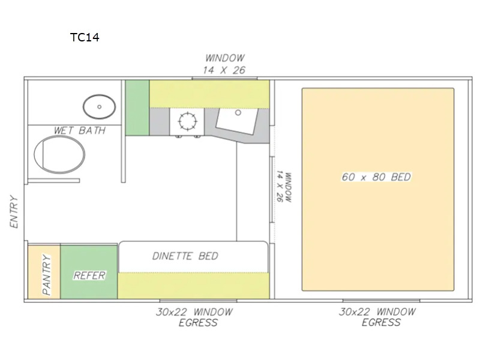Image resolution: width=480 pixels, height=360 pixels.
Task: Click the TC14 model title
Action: pos(85,37)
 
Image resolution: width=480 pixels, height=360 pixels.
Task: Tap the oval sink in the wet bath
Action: pos(99,107)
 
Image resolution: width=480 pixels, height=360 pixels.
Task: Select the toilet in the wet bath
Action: pos(59,155)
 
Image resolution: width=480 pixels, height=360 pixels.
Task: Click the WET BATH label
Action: pos(80,130)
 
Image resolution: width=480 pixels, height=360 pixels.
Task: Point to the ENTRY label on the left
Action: pos(14,212)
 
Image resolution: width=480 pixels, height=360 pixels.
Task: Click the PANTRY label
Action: pos(47,274)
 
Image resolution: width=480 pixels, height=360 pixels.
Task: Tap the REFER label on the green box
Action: pos(89,275)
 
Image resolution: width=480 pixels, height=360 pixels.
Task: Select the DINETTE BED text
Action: pos(185,256)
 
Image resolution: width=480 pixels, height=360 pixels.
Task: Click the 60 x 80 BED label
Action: pos(376,177)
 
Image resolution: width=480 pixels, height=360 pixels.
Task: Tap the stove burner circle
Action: pos(187,122)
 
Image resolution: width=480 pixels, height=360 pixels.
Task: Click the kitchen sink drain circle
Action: pos(238,113)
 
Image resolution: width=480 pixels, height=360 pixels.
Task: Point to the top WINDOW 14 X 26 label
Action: pos(224,64)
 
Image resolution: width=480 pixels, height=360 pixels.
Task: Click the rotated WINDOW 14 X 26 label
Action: pos(284,187)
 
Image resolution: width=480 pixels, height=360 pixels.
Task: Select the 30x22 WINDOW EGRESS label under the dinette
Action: pos(194,317)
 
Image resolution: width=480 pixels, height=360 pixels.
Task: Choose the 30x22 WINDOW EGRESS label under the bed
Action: pos(377,317)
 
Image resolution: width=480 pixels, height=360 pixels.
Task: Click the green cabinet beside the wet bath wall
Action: pos(137,108)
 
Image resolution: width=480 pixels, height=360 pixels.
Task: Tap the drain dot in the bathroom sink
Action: pos(99,107)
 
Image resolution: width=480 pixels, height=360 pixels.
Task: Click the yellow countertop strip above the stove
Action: pos(209,94)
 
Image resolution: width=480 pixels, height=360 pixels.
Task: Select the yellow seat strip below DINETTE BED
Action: pos(193,286)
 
